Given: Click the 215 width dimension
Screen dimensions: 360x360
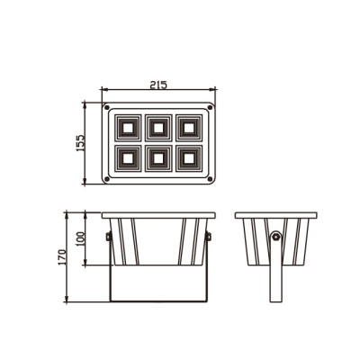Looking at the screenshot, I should click(157, 85).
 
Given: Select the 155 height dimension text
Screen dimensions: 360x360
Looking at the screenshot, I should click(80, 143).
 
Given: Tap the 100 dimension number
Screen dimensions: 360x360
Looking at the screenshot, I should click(80, 240).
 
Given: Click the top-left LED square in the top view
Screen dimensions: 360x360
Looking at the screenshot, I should click(127, 127).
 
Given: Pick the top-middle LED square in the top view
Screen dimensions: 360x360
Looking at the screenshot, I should click(158, 127).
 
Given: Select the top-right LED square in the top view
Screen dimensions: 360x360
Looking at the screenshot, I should click(189, 127).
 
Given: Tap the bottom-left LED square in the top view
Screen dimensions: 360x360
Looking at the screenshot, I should click(127, 158).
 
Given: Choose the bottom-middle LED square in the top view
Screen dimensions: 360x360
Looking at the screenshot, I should click(158, 158).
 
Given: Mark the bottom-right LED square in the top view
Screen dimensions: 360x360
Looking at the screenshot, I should click(189, 158).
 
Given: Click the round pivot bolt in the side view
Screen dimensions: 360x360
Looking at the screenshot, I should click(275, 238).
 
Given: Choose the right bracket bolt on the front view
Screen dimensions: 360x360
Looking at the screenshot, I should click(208, 237).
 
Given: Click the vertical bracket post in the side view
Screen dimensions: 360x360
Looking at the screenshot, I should click(275, 279).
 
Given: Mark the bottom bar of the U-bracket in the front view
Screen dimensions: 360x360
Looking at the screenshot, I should click(158, 302).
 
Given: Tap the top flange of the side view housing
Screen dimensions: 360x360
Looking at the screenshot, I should click(275, 215).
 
